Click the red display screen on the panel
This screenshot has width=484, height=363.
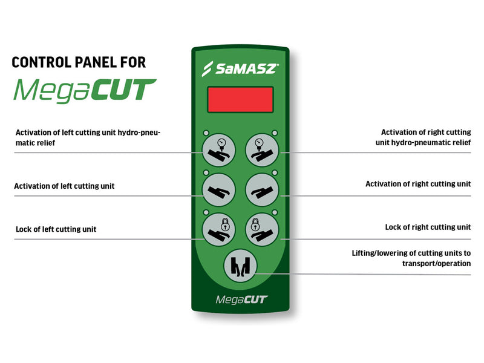coord(240,99)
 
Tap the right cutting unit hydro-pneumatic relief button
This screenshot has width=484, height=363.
coord(261,149)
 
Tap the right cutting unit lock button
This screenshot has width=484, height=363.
coord(261,228)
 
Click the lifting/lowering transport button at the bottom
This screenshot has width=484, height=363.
coord(240,267)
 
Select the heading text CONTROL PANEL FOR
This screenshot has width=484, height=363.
coord(79,62)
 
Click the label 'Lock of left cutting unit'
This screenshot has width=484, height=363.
coord(56,229)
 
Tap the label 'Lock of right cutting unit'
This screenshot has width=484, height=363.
coord(428,227)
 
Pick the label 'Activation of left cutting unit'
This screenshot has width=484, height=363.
coord(64,186)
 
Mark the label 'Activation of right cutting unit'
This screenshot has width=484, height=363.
coord(418,184)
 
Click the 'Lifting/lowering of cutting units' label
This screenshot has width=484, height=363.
coord(411,258)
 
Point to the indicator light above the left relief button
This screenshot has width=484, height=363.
coord(206,133)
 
